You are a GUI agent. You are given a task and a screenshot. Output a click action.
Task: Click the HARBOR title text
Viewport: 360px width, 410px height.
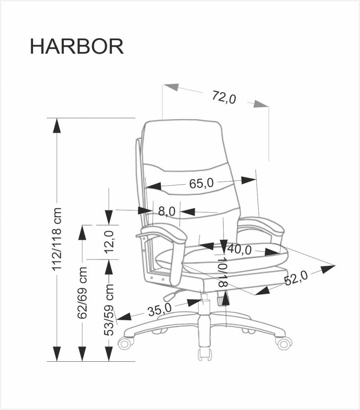[x=77, y=47]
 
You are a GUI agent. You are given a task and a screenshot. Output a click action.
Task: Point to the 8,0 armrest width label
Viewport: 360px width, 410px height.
[x=166, y=211]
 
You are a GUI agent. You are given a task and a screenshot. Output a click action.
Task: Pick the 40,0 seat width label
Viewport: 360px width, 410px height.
[x=239, y=250]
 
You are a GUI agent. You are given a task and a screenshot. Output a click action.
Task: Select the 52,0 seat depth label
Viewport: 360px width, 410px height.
[x=296, y=278]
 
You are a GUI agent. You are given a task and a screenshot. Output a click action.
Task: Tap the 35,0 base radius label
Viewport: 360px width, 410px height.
[x=159, y=309]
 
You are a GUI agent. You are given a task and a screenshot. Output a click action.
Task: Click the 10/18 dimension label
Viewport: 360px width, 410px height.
[x=223, y=272]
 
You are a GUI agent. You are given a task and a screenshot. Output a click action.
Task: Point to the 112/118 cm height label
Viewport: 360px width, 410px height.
[x=57, y=240]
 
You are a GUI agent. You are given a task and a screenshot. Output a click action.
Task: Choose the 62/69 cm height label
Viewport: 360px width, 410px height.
[x=82, y=293]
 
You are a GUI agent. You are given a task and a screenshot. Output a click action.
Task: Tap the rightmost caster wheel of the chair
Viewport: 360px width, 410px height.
[x=284, y=342]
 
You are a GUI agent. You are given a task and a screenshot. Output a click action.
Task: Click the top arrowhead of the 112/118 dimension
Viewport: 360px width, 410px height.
[x=57, y=125]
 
